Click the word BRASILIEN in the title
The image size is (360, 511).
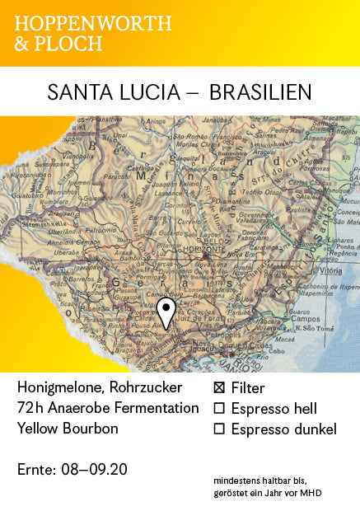coord(260,91)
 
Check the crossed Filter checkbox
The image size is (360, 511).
coord(219,387)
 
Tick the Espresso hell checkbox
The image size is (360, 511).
coord(219,408)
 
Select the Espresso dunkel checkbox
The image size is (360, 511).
coord(219,429)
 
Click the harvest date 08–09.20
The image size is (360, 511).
coord(95,470)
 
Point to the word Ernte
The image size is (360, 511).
coord(35,470)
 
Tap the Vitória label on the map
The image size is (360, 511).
coord(331,270)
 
